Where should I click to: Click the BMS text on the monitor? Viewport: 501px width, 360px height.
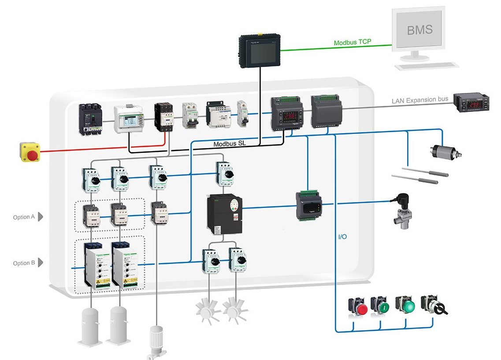(x=419, y=30)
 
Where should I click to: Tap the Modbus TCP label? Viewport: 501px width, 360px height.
(x=352, y=42)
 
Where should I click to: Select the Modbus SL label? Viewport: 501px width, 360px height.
(x=229, y=144)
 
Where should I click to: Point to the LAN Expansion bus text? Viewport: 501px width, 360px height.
(x=419, y=100)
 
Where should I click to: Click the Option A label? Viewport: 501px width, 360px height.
(x=24, y=217)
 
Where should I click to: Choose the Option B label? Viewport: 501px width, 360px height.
(x=24, y=263)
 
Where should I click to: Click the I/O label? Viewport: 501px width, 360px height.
(x=342, y=237)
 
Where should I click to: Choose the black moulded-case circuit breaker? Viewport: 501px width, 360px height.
(x=91, y=119)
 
